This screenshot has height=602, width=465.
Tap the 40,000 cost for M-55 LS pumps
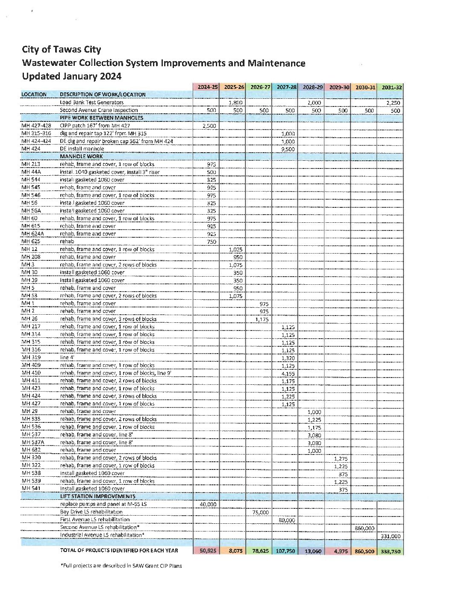pos(208,505)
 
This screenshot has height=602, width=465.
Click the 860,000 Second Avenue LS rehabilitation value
pos(365,528)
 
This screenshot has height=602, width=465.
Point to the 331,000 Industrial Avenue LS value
pos(391,536)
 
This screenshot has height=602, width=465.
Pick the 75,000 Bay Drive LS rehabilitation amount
pos(260,512)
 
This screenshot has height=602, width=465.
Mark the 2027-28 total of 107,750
pos(285,551)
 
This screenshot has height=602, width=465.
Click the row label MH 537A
pos(33,443)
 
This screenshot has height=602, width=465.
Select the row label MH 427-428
pos(36,126)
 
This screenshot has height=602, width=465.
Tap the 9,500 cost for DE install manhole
pos(288,149)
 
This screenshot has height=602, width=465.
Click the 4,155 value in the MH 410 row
pos(288,374)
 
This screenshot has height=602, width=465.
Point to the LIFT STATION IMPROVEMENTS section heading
pos(98,496)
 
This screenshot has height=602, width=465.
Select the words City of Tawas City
pos(62,50)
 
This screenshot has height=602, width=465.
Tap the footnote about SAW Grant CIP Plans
pos(121,566)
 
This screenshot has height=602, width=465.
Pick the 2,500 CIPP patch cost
pos(209,126)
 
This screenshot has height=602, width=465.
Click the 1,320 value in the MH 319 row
pos(288,358)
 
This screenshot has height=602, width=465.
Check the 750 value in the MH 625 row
pos(212,242)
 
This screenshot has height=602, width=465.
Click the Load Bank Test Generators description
pos(92,103)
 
